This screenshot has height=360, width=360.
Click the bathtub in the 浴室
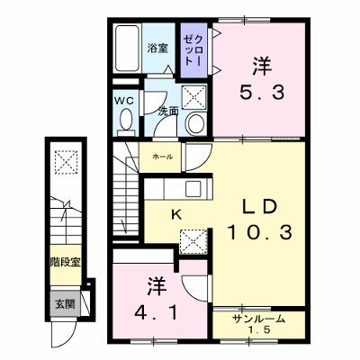(x=127, y=48)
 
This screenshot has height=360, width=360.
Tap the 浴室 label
(x=157, y=49)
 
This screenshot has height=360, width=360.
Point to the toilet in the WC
(x=126, y=122)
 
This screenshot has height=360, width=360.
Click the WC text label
(x=125, y=102)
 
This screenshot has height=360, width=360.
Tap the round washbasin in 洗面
(x=196, y=123)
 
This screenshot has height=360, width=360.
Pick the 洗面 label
(x=168, y=112)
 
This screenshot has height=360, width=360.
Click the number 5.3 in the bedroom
(x=262, y=92)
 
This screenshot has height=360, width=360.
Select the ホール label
(x=163, y=157)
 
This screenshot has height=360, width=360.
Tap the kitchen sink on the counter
(x=194, y=189)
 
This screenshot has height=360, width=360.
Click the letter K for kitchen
(x=176, y=215)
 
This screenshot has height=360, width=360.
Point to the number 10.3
(x=260, y=232)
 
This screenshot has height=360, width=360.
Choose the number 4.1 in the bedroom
(x=156, y=312)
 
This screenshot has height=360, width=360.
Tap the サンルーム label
(x=258, y=319)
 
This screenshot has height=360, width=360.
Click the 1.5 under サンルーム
(x=259, y=330)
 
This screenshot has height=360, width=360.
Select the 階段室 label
(x=65, y=263)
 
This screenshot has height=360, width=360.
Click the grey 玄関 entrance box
(x=65, y=303)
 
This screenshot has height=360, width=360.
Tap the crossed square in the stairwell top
(x=66, y=162)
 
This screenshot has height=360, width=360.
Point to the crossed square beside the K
(x=193, y=242)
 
